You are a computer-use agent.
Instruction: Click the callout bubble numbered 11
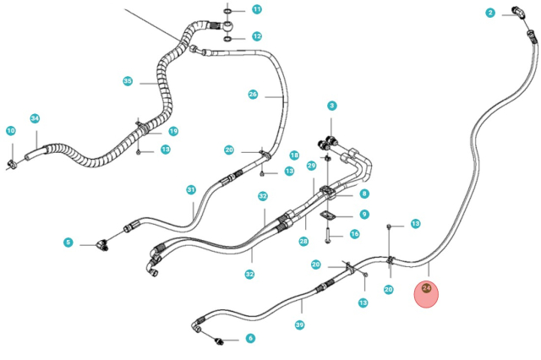pyautogui.click(x=257, y=9)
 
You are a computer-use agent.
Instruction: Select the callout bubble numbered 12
pyautogui.click(x=257, y=37)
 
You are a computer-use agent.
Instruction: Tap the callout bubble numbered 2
pyautogui.click(x=489, y=13)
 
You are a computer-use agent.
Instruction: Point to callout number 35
pyautogui.click(x=128, y=81)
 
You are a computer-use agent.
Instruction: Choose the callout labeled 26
pyautogui.click(x=253, y=95)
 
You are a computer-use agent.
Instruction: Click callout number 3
pyautogui.click(x=332, y=106)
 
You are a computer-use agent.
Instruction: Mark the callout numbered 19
pyautogui.click(x=173, y=131)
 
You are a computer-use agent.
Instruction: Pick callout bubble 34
pyautogui.click(x=35, y=118)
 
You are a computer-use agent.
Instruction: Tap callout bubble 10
pyautogui.click(x=10, y=131)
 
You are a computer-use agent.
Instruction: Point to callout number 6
pyautogui.click(x=250, y=338)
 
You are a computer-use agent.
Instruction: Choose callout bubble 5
pyautogui.click(x=68, y=243)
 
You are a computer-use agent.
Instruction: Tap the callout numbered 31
pyautogui.click(x=191, y=189)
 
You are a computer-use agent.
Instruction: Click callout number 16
pyautogui.click(x=354, y=234)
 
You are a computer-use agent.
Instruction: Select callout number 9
pyautogui.click(x=363, y=215)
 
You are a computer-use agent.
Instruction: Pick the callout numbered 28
pyautogui.click(x=303, y=242)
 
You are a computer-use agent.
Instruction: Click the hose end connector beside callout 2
pyautogui.click(x=516, y=14)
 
